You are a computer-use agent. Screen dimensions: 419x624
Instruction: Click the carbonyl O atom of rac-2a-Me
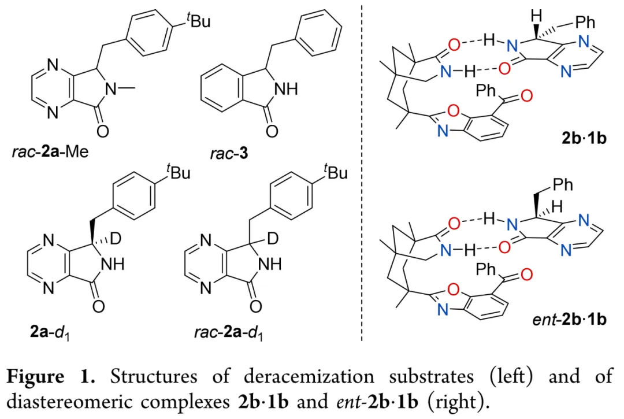[103, 132]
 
